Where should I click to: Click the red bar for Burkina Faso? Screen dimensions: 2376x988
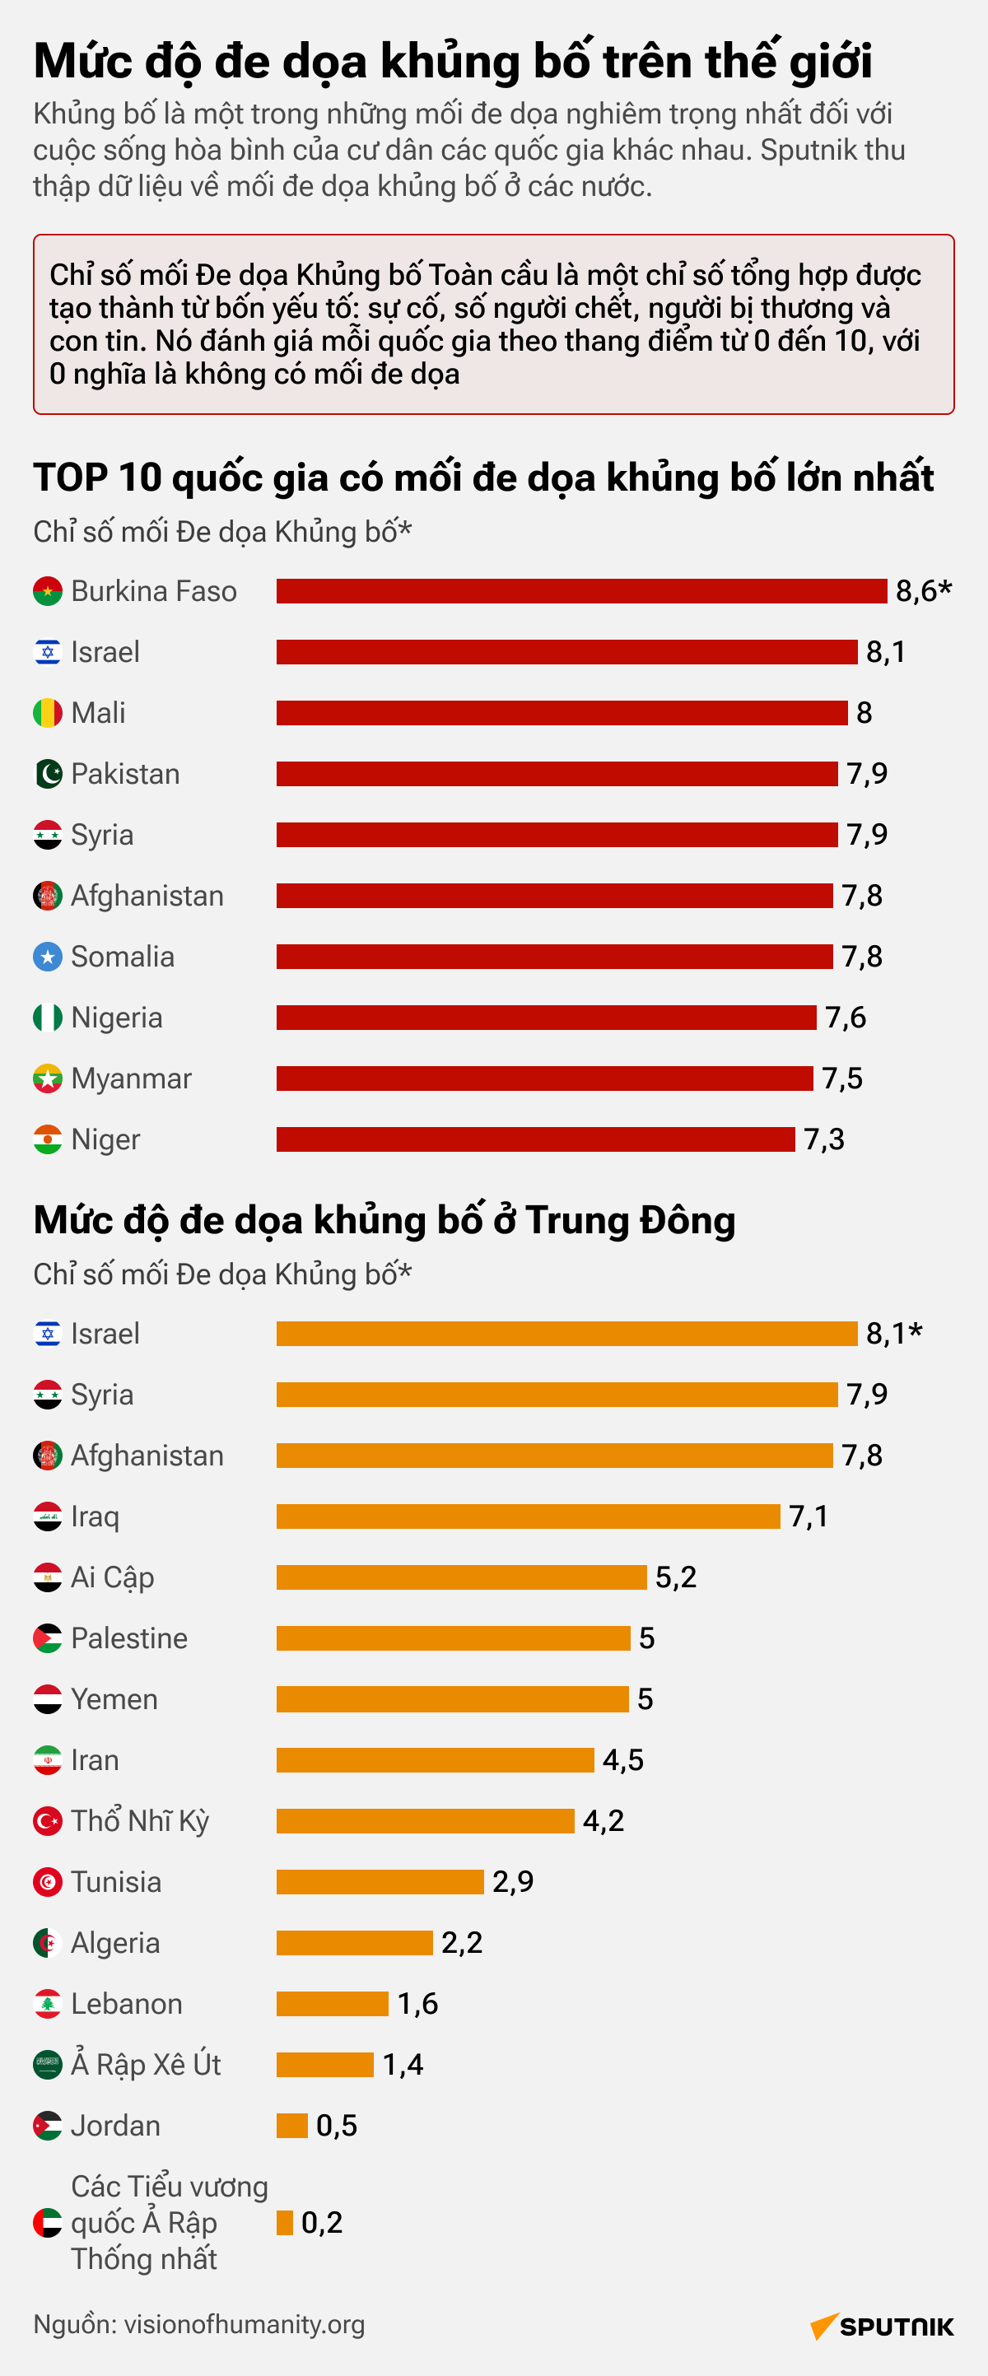pos(581,591)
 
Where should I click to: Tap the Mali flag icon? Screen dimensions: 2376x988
pos(47,713)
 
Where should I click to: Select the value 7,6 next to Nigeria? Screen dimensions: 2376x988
pos(845,1018)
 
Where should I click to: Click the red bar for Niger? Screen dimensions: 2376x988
pos(535,1139)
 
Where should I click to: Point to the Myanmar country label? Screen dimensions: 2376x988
pos(131,1079)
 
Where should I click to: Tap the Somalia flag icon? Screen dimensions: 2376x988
pos(47,957)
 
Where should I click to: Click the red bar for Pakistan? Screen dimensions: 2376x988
pos(557,774)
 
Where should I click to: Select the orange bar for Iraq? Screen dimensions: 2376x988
pos(528,1516)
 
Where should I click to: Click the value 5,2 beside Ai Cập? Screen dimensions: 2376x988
pos(675,1577)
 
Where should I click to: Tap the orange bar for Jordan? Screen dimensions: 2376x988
pos(291,2125)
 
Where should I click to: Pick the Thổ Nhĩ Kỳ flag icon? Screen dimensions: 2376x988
pos(47,1821)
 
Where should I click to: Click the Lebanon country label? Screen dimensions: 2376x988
pos(127,2003)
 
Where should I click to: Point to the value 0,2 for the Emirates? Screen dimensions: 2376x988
pos(321,2223)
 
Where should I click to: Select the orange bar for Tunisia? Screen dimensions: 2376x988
pos(380,1881)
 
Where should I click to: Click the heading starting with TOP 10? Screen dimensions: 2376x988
pos(482,478)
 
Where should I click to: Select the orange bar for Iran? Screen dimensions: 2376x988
pos(435,1760)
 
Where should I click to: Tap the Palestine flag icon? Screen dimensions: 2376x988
pos(47,1638)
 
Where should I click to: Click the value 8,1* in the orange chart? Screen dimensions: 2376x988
pos(893,1334)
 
